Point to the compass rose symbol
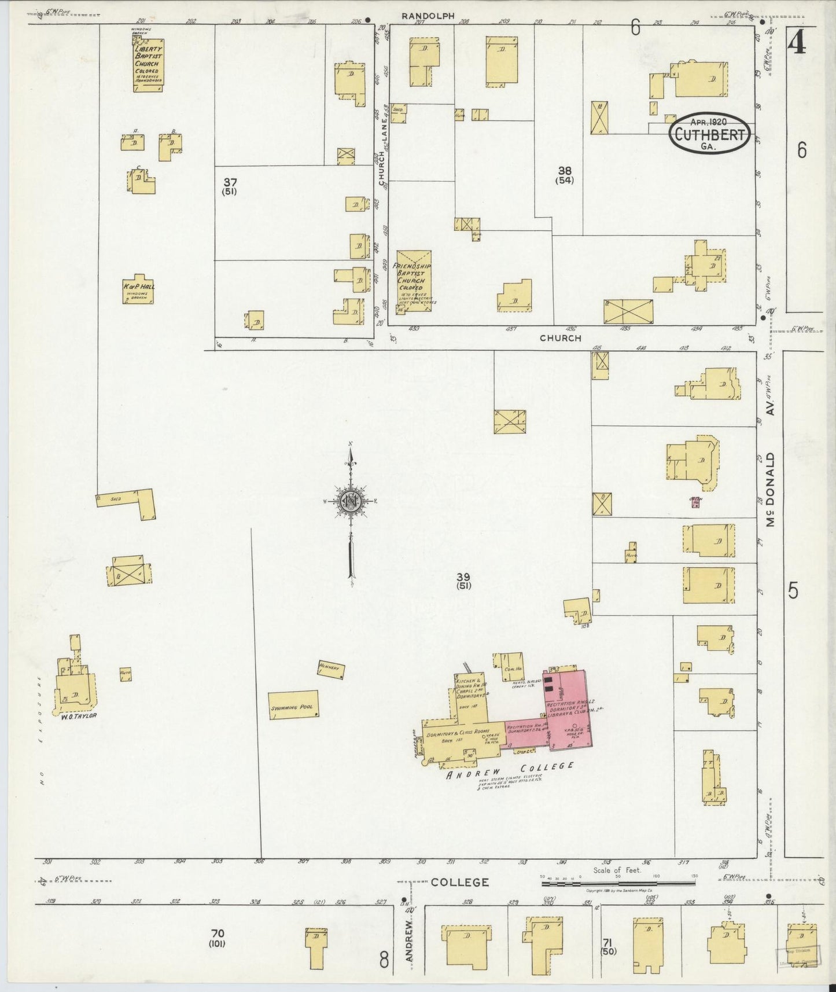(351, 501)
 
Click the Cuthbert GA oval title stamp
(710, 134)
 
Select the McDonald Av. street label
(770, 490)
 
